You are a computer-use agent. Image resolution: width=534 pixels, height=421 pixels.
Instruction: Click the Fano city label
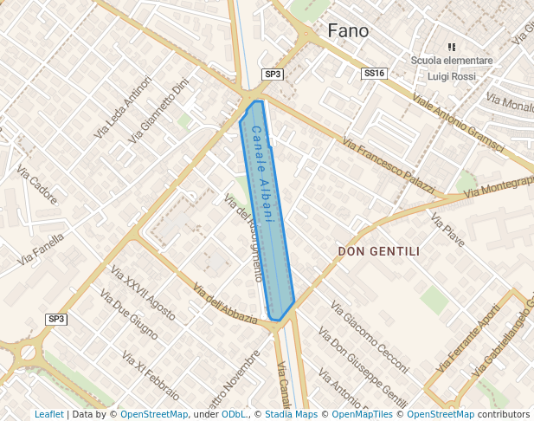pos(348,31)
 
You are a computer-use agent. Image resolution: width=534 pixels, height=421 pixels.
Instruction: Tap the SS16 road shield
pos(373,74)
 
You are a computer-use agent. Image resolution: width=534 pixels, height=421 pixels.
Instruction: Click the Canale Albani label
pos(263,175)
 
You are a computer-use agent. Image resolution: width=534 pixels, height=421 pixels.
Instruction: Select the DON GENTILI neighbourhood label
pos(378,252)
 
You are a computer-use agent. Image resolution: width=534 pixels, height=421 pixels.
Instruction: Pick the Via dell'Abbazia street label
pos(225,304)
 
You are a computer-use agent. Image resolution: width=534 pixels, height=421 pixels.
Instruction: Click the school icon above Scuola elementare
pos(450,47)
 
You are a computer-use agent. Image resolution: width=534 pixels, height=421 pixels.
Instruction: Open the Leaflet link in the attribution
pos(49,414)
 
